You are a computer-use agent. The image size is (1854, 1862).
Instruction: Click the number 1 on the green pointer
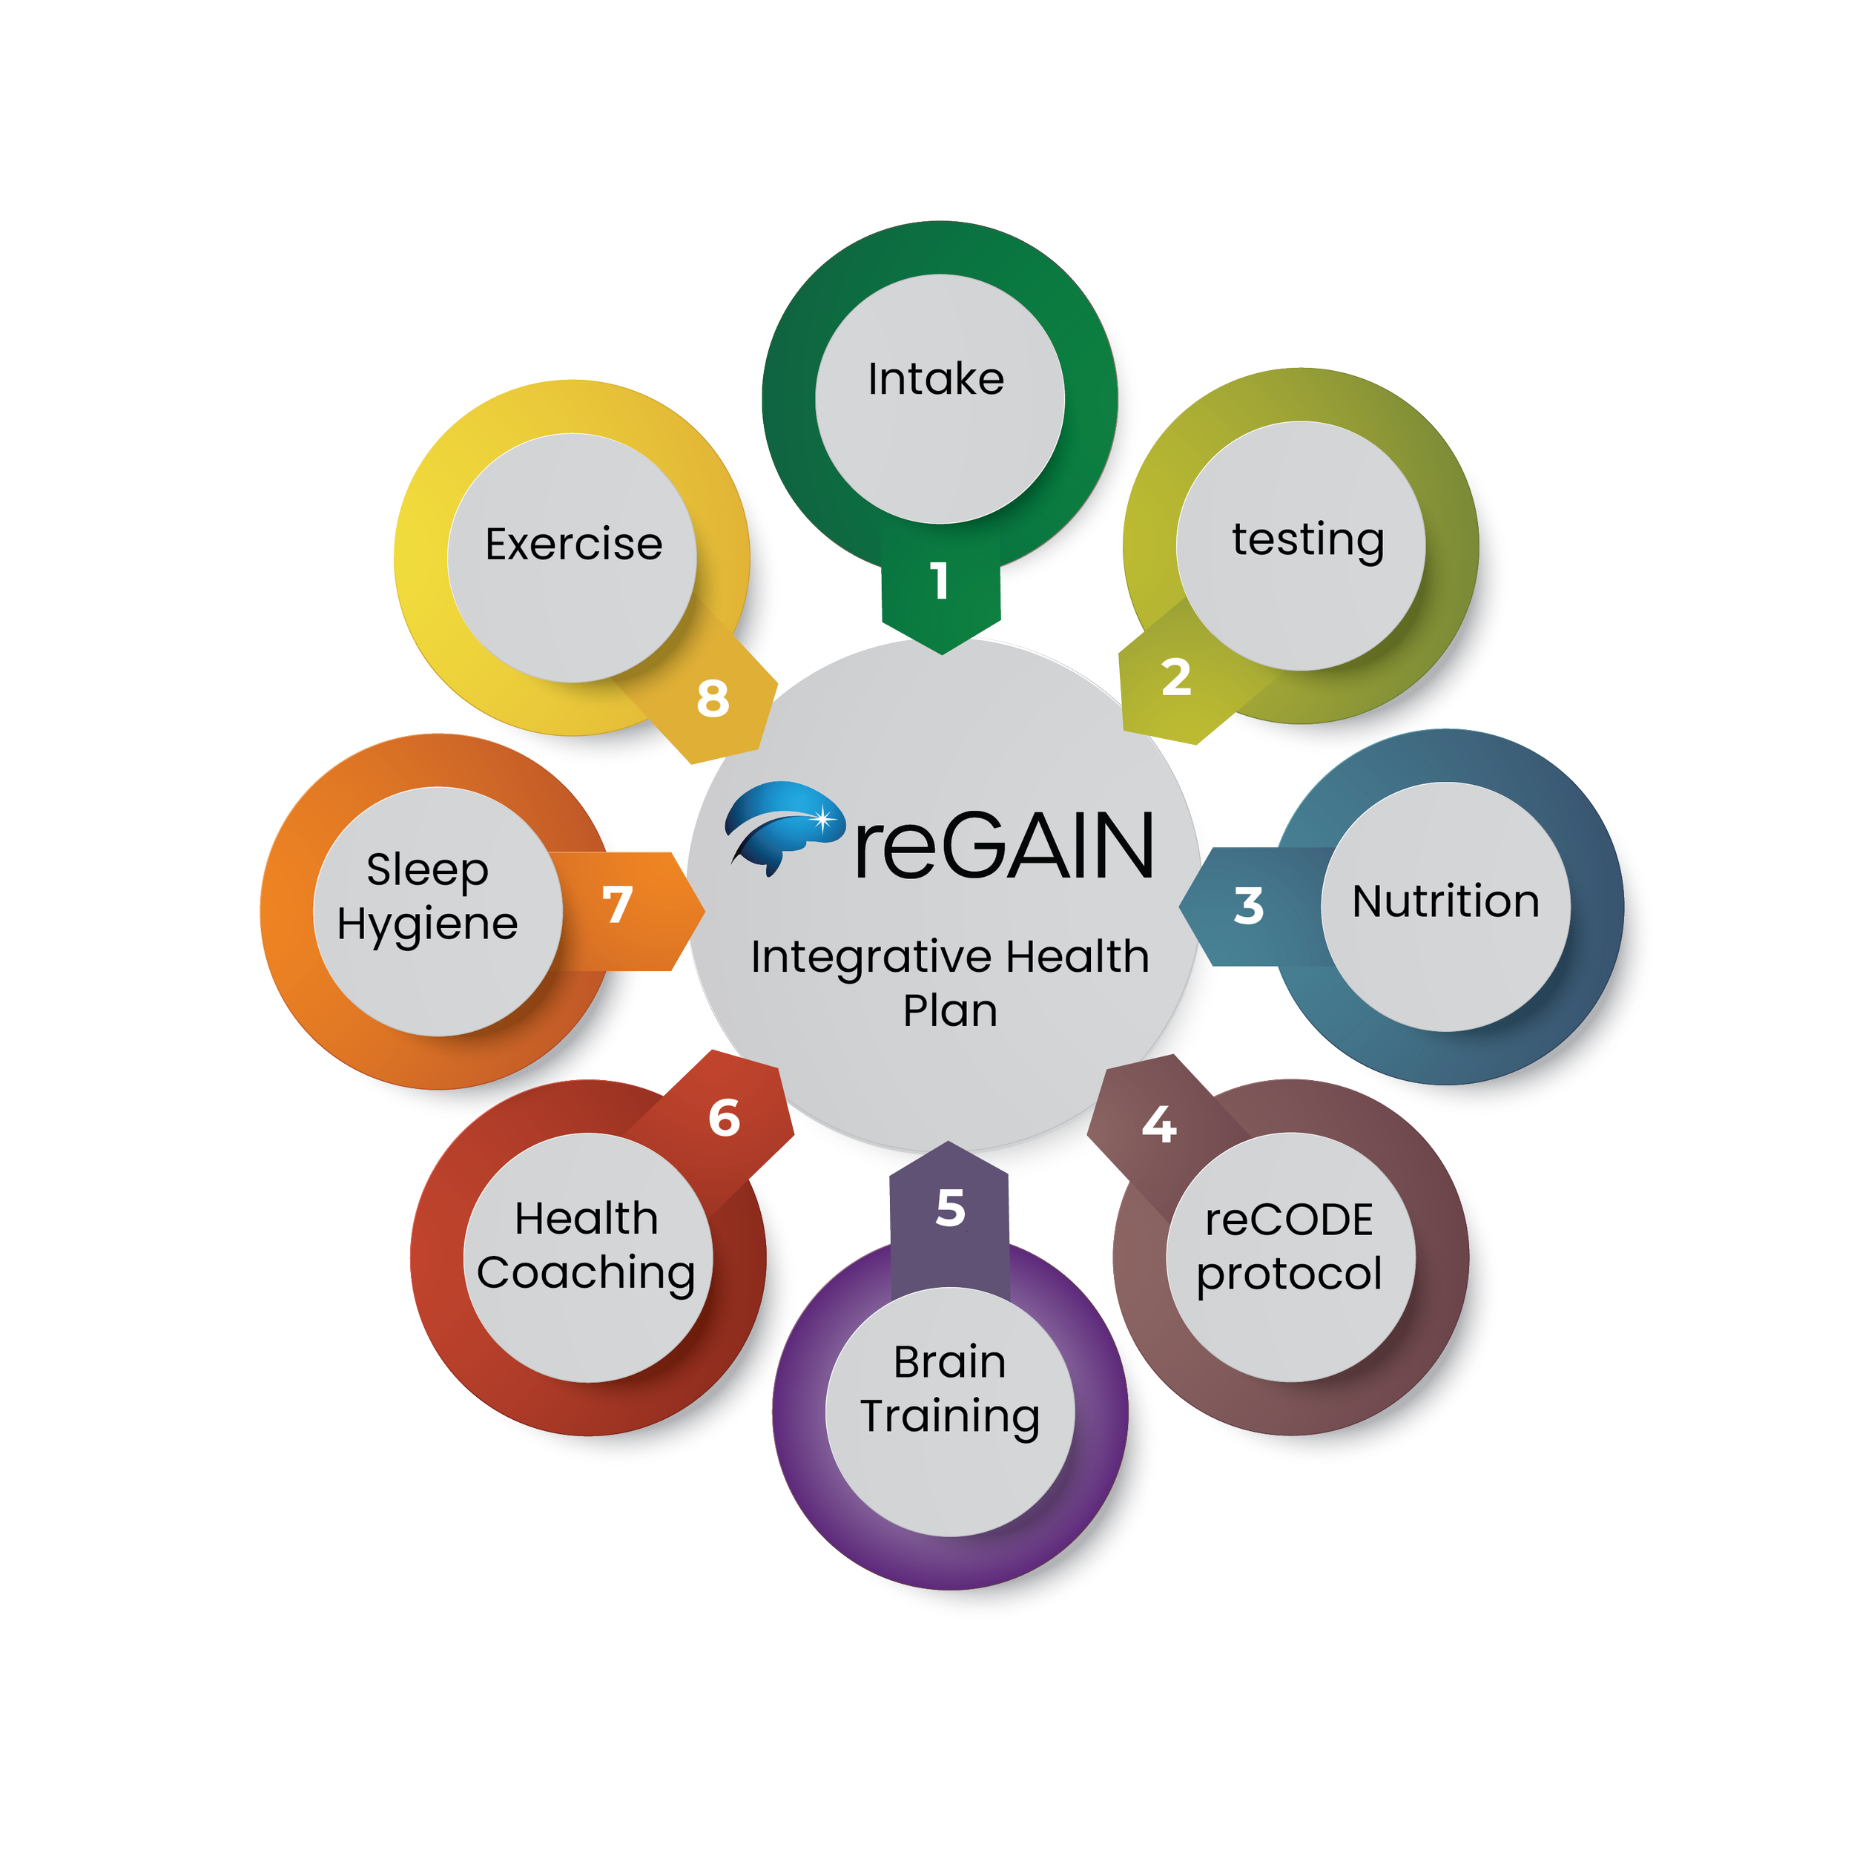940,581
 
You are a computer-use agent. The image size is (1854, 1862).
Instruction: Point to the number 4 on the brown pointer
1158,1125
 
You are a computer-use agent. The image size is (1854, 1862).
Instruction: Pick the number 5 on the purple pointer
950,1208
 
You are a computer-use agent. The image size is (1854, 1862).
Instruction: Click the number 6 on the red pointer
724,1118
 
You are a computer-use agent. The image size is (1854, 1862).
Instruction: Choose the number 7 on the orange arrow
617,904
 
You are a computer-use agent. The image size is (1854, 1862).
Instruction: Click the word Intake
936,379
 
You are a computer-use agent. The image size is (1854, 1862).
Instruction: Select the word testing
1307,540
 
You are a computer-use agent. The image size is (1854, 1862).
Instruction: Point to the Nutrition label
1445,902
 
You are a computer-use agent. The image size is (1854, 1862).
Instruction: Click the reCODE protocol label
1290,1246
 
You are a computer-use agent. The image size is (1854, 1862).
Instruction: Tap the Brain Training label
950,1389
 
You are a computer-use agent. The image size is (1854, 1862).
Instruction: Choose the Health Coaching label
586,1246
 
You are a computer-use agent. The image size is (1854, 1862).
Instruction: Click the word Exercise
573,545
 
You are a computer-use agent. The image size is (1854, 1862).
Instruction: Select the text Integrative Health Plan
950,983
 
